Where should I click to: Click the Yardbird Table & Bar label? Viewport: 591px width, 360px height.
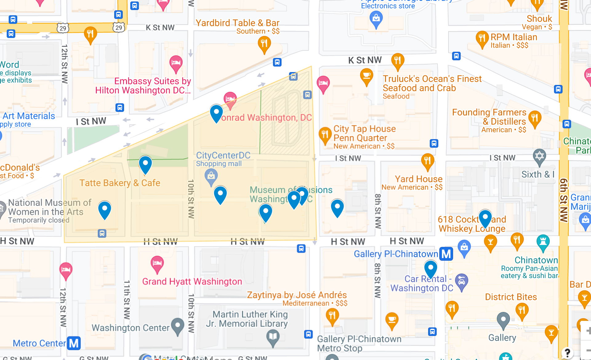click(237, 23)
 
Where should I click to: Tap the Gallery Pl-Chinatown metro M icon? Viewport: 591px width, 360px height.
click(446, 254)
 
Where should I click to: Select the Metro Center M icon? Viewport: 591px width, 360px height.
click(74, 343)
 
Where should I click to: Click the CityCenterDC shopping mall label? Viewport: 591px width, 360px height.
click(223, 156)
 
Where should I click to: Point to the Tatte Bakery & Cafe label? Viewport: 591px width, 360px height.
click(120, 183)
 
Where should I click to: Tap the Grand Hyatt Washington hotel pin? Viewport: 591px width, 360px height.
click(157, 263)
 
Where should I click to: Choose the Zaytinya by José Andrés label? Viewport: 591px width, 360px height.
click(297, 295)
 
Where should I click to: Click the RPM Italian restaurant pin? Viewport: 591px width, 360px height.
click(482, 38)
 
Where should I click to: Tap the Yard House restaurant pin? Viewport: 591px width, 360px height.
click(428, 161)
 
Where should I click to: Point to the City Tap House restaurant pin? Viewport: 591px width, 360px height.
click(325, 135)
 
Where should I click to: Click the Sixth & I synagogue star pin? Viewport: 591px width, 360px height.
click(539, 156)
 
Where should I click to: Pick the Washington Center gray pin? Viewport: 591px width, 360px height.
click(178, 326)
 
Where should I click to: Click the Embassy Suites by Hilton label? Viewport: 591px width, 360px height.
click(143, 86)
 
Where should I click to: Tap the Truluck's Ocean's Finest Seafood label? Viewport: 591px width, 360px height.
click(432, 83)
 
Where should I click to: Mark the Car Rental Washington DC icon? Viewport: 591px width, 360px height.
click(461, 281)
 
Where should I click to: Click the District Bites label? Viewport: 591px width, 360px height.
click(511, 297)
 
